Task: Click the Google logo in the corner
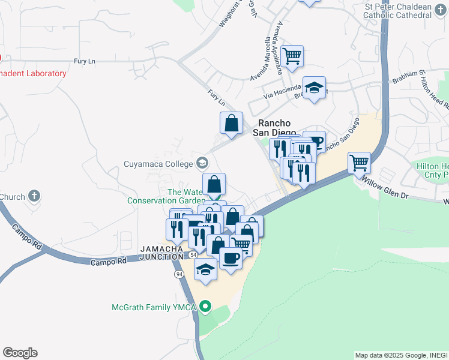click(x=20, y=353)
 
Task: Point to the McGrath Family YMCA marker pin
click(x=205, y=308)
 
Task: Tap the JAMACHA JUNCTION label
click(x=161, y=253)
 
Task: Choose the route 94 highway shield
click(x=179, y=274)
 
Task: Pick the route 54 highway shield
click(x=192, y=255)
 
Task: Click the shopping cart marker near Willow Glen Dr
click(x=359, y=161)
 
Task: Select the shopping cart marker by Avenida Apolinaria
click(x=292, y=56)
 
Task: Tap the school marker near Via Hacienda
click(x=314, y=89)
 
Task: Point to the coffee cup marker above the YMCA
click(x=231, y=259)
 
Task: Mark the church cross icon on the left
click(x=34, y=196)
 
